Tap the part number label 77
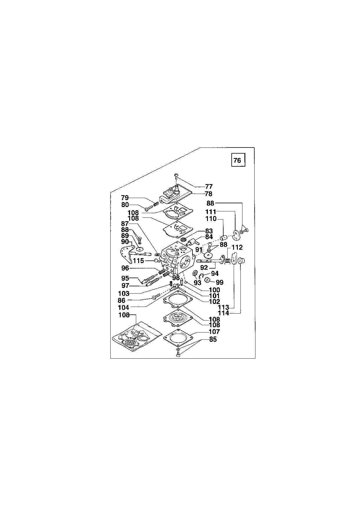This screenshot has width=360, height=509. click(x=209, y=186)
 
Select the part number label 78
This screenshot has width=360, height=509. click(x=208, y=194)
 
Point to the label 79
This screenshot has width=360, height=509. click(x=125, y=198)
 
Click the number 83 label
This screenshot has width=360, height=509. click(x=209, y=231)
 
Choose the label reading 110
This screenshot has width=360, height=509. click(x=211, y=219)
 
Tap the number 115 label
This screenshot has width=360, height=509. click(x=138, y=261)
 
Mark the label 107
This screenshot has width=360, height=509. click(x=214, y=332)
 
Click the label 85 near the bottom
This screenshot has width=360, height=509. click(x=213, y=339)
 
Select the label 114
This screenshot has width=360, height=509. click(x=224, y=313)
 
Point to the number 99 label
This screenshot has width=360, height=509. click(x=220, y=282)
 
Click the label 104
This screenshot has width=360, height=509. click(x=123, y=307)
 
